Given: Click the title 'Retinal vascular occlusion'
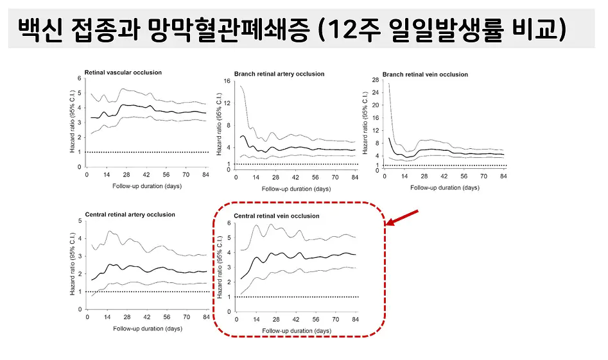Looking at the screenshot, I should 123,72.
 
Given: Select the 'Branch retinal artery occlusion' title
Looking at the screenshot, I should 279,74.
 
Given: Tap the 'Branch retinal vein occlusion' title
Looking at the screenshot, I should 425,74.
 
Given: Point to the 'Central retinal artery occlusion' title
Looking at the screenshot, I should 129,214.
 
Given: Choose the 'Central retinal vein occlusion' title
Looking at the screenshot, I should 276,216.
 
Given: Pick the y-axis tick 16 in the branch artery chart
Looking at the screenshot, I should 227,81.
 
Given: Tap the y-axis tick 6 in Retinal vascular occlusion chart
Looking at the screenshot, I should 79,78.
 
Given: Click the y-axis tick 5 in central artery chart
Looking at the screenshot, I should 79,221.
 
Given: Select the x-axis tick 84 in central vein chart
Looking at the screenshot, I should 356,320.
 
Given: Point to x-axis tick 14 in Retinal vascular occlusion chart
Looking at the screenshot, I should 107,175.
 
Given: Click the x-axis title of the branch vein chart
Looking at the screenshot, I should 445,187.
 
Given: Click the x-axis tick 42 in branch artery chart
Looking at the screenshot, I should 295,178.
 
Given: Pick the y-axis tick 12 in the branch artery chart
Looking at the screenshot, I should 227,103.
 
